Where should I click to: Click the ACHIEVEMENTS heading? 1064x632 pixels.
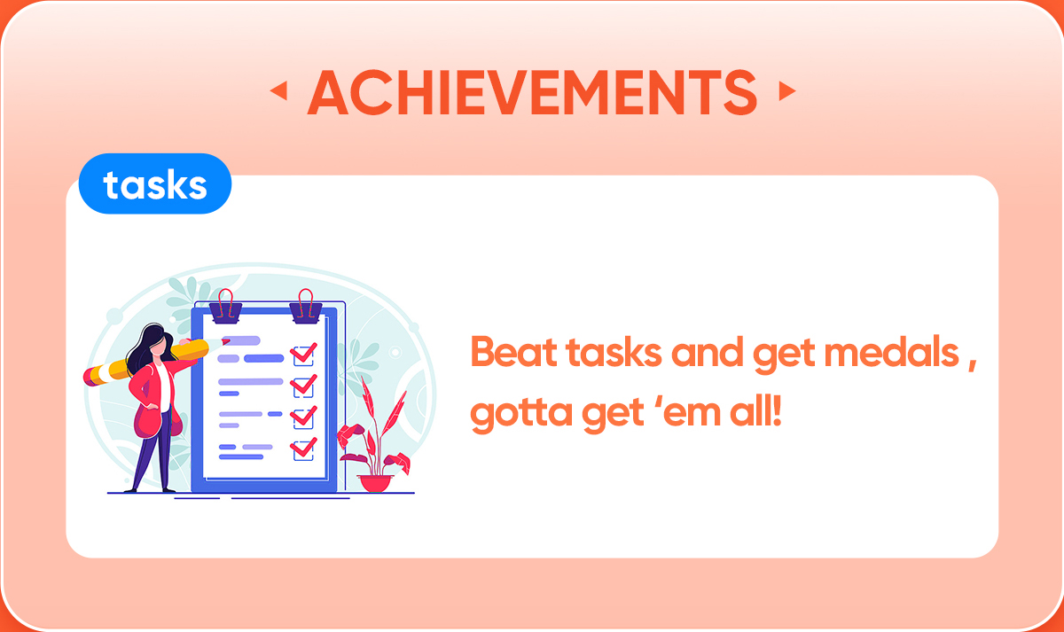tap(532, 91)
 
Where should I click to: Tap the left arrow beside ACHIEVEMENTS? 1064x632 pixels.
tap(279, 90)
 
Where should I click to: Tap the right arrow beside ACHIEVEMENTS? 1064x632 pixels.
tap(787, 90)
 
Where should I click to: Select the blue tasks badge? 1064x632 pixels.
tap(155, 183)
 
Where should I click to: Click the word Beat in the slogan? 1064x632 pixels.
tap(513, 352)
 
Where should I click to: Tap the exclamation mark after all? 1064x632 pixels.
tap(777, 411)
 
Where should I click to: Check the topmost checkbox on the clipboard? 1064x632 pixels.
tap(303, 355)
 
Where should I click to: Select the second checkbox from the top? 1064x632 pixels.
tap(303, 386)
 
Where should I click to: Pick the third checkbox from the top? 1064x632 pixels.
tap(303, 417)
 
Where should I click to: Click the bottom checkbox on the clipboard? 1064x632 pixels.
tap(303, 449)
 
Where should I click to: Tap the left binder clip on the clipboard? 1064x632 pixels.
tap(225, 308)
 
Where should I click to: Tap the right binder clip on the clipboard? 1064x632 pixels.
tap(306, 308)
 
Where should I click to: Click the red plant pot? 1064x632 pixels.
tap(375, 483)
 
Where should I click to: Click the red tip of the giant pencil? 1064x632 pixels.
tap(225, 341)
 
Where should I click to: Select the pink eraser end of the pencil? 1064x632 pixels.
tap(89, 376)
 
